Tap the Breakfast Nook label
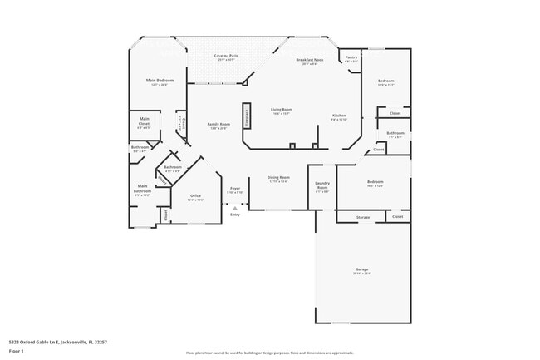(309, 62)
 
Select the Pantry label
(351, 59)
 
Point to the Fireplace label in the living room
(247, 116)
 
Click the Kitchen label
(339, 116)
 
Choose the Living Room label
(281, 111)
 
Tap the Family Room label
(218, 126)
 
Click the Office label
(195, 198)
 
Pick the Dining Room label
(278, 179)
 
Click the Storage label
(363, 217)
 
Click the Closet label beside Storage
(397, 217)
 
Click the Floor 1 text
(17, 351)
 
